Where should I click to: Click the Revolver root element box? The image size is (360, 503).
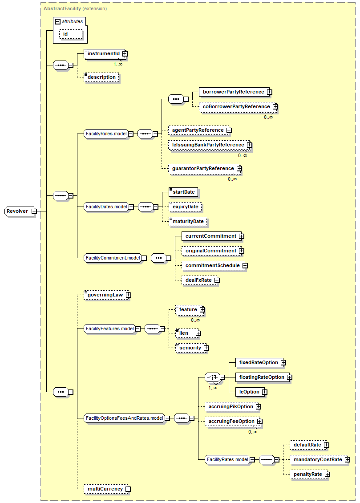(18, 211)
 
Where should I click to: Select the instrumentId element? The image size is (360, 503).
(103, 53)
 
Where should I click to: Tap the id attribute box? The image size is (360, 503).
(65, 34)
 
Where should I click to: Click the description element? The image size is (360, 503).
(101, 77)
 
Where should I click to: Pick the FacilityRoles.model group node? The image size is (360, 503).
(106, 133)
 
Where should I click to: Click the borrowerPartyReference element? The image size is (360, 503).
(233, 92)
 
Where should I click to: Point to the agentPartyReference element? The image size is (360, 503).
(198, 130)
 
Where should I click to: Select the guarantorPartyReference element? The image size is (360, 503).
(202, 169)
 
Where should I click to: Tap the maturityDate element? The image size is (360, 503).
(188, 221)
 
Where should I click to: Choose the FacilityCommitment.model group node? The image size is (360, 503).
(113, 258)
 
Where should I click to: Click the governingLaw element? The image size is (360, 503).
(105, 295)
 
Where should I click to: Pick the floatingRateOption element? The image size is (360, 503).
(261, 377)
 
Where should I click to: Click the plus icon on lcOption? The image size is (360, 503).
(264, 392)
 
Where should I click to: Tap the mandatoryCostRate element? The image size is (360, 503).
(317, 459)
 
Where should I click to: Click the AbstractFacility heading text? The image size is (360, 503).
(62, 8)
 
